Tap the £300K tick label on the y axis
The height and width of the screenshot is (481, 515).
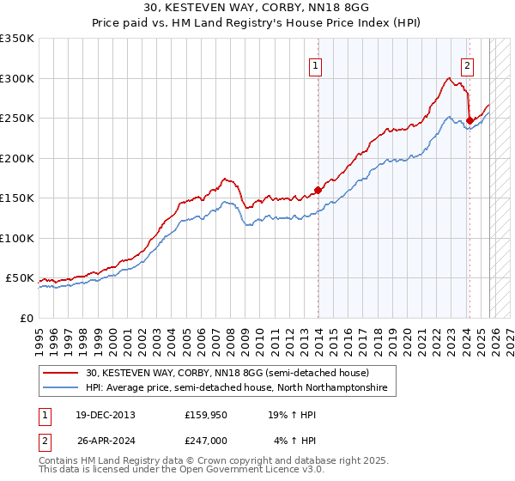(x=17, y=78)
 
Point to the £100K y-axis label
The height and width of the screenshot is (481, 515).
(x=17, y=238)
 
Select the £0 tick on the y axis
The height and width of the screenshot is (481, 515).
(x=27, y=318)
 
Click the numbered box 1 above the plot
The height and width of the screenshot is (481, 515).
(x=317, y=65)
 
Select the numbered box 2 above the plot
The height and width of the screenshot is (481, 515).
(x=468, y=65)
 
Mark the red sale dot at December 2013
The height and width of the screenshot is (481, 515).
(x=318, y=190)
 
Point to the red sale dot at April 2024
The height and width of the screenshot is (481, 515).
(x=470, y=120)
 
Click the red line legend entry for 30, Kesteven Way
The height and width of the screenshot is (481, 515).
(x=227, y=373)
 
